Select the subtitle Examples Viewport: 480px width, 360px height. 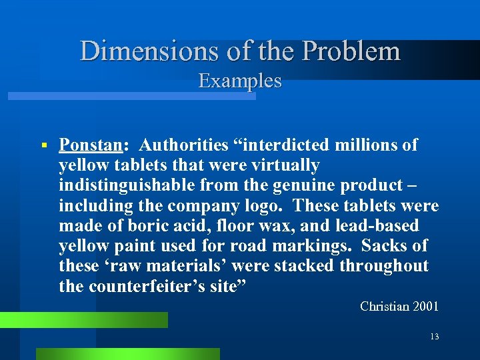pyautogui.click(x=240, y=81)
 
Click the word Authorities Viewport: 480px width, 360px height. pyautogui.click(x=184, y=145)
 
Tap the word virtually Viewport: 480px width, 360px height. pyautogui.click(x=281, y=165)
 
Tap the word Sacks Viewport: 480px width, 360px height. pyautogui.click(x=385, y=245)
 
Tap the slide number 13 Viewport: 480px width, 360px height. pyautogui.click(x=434, y=337)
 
